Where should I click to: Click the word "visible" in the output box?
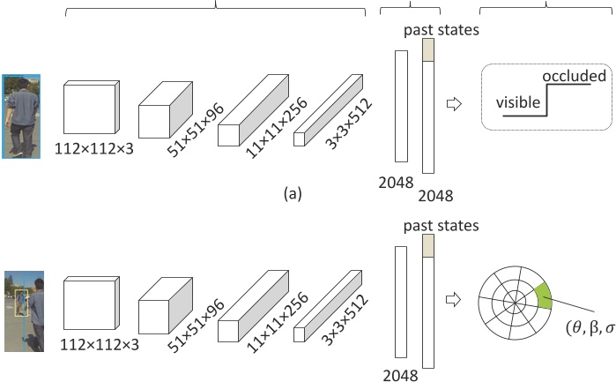point(517,102)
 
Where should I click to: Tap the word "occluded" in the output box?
point(574,76)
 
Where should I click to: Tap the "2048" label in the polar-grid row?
point(399,374)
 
